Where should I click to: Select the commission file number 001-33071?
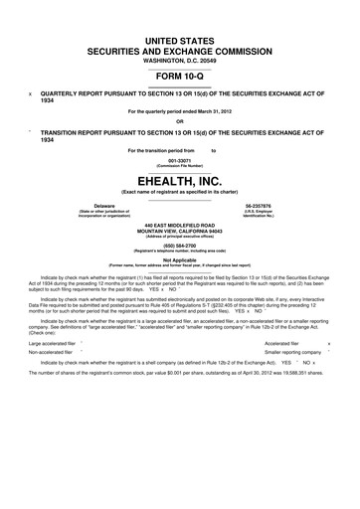point(179,158)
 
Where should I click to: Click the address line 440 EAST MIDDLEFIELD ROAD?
point(179,225)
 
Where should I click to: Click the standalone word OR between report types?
point(179,122)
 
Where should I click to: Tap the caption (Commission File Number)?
point(179,164)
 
